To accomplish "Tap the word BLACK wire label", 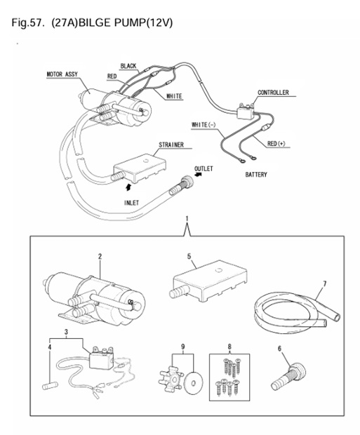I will pos(128,66).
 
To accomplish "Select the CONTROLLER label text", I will pos(273,93).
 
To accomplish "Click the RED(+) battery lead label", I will pos(276,144).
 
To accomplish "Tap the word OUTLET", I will pos(204,169).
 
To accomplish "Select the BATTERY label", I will pos(256,175).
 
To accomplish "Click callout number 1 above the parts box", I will pos(187,219).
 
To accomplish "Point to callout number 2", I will pos(100,256).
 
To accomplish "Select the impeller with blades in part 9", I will pos(170,370).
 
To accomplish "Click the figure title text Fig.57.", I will pos(29,23).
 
